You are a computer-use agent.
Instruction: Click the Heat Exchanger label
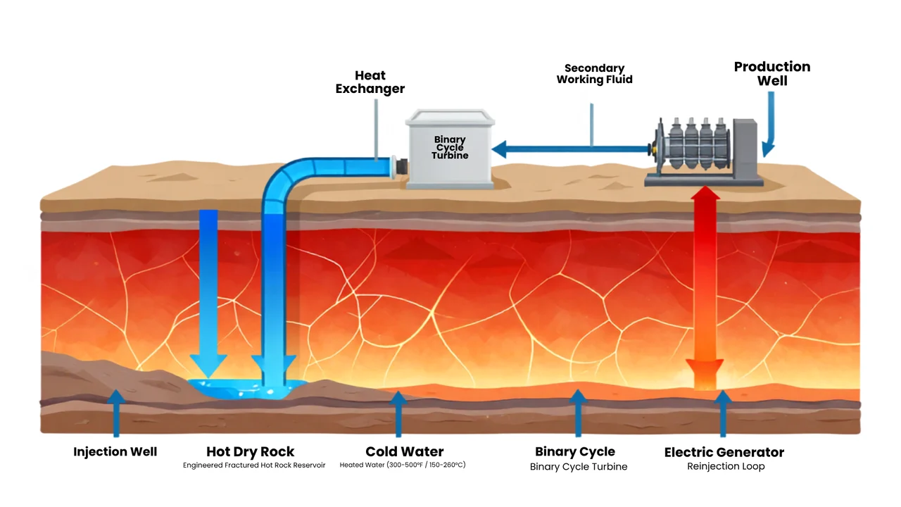tap(370, 82)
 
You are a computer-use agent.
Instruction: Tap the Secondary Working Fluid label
tap(595, 74)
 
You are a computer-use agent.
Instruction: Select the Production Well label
tap(772, 73)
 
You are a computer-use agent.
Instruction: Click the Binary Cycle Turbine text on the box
tap(450, 147)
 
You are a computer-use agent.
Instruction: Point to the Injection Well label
tap(115, 451)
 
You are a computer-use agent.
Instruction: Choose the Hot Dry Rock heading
tap(250, 451)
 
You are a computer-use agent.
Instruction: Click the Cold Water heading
tap(404, 451)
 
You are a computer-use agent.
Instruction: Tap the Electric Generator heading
tap(724, 452)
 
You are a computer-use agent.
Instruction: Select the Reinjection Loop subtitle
tap(726, 466)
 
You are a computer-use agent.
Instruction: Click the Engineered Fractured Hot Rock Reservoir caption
tap(254, 465)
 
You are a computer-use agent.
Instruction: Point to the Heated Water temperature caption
tap(402, 465)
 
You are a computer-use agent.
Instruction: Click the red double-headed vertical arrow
tap(705, 288)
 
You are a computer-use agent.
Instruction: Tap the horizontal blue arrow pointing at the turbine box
tap(571, 149)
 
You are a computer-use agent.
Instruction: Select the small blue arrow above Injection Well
tap(116, 413)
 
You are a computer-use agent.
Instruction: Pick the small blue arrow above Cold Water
tap(398, 413)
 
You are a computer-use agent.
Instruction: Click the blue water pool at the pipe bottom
tap(246, 388)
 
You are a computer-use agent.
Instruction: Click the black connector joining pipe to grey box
tap(401, 167)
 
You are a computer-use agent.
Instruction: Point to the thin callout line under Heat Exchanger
tap(376, 130)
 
